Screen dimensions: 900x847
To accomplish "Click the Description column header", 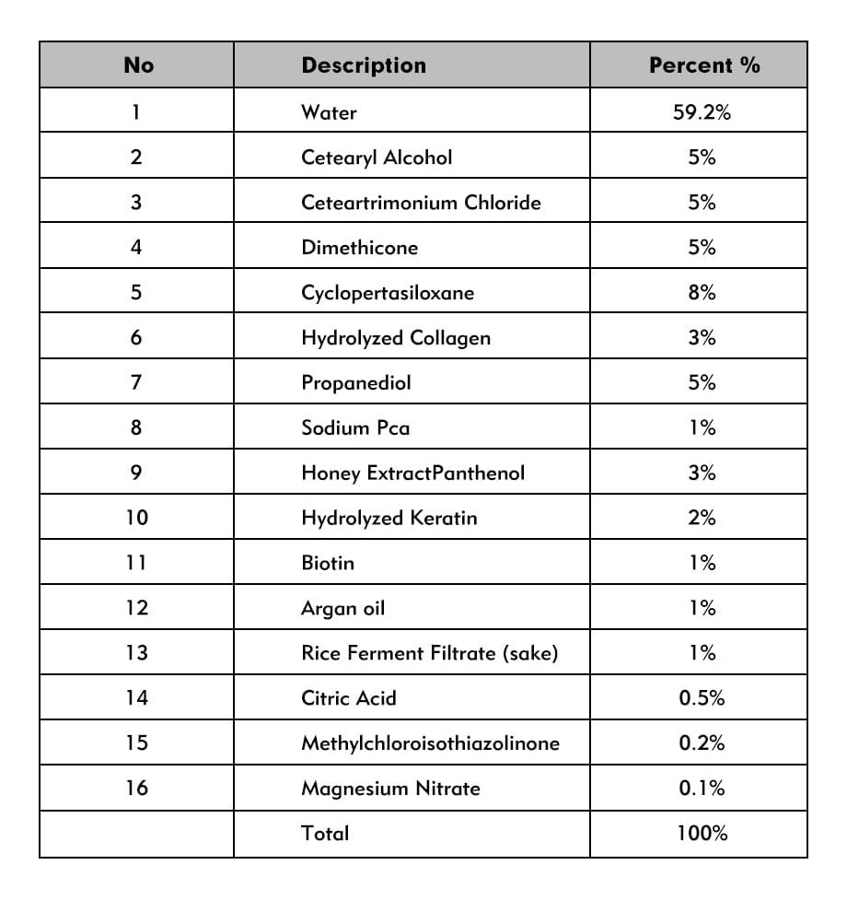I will click(x=364, y=65).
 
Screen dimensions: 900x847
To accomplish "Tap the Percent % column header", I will click(x=704, y=65).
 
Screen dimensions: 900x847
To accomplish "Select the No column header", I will click(x=138, y=65).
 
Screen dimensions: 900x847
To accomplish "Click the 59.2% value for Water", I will click(x=702, y=112).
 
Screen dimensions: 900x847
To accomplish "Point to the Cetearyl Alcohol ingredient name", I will click(x=377, y=158).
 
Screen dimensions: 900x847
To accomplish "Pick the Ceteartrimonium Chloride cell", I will click(x=421, y=203).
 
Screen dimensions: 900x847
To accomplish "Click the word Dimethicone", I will click(x=359, y=248).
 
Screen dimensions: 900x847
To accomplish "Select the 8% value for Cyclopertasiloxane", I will click(x=702, y=293).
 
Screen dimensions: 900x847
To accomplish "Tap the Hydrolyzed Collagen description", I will click(x=395, y=338).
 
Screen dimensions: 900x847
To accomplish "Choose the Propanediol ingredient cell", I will click(x=355, y=382).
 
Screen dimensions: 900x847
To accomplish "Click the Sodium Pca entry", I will click(x=354, y=427).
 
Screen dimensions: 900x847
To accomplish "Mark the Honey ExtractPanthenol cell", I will click(x=412, y=473).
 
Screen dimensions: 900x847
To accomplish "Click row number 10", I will click(x=136, y=518).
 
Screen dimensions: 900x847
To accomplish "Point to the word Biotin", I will click(x=327, y=563).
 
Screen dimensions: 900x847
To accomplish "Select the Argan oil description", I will click(x=342, y=608).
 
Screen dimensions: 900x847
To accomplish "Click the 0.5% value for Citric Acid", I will click(x=702, y=698).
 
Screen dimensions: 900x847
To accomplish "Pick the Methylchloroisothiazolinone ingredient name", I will click(x=430, y=742).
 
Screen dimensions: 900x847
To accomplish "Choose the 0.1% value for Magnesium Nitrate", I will click(x=702, y=788).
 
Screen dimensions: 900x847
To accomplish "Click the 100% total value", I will click(x=702, y=834).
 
